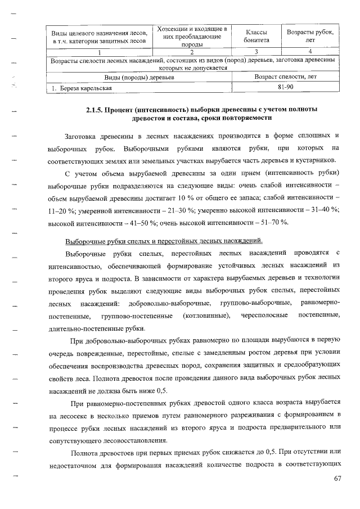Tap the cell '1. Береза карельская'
click(79, 88)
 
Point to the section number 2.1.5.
click(98, 109)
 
